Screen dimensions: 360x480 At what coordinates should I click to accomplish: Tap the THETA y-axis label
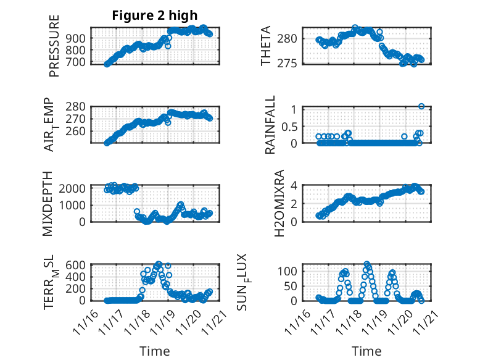pyautogui.click(x=266, y=46)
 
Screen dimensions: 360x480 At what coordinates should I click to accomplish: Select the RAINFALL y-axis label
pyautogui.click(x=270, y=126)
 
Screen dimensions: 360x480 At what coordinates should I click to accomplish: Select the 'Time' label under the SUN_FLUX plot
pyautogui.click(x=366, y=351)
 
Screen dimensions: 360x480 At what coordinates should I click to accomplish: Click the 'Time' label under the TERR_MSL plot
pyautogui.click(x=155, y=351)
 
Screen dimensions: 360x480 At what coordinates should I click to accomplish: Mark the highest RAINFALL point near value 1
pyautogui.click(x=421, y=106)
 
